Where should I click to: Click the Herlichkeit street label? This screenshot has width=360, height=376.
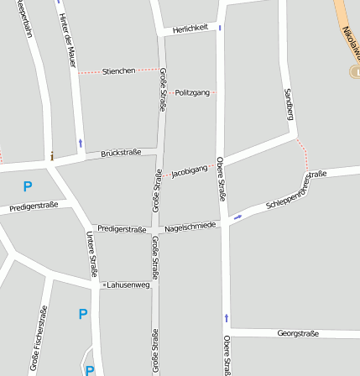point(190,28)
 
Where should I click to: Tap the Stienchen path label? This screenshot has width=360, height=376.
point(118,71)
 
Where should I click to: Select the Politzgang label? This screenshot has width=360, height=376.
point(191,91)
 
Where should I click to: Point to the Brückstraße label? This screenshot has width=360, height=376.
point(121,154)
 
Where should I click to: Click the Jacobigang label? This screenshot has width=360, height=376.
point(189,171)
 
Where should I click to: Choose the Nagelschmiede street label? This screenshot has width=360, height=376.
point(190,226)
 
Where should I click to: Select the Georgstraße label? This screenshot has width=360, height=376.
point(298,333)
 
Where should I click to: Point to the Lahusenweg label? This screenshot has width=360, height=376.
point(128,285)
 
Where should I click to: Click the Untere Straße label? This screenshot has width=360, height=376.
point(91,254)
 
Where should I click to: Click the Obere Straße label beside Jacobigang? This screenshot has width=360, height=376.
point(221,179)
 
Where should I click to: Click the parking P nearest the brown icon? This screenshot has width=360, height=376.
point(28,186)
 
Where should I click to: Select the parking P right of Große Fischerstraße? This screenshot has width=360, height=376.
point(82,314)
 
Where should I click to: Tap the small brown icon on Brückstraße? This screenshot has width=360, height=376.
point(52,156)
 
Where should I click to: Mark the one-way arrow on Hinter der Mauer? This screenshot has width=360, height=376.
point(80,143)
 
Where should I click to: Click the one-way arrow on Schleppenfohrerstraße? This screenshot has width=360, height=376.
point(237,217)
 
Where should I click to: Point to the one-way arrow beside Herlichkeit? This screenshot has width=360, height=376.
point(220,28)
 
